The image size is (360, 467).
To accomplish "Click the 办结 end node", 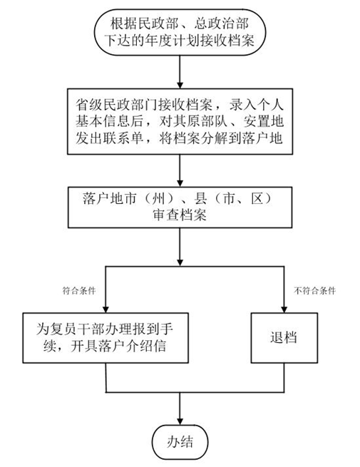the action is click(180, 441).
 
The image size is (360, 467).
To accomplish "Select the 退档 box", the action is click(284, 338).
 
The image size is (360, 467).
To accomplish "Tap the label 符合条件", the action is click(79, 291).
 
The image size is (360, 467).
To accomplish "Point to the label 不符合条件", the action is click(315, 291).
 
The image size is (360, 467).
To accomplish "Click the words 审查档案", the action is click(180, 215).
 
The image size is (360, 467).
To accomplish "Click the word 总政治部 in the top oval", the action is click(222, 24).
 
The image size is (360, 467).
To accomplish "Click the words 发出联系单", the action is click(109, 138).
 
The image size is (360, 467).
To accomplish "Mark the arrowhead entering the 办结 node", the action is click(180, 421).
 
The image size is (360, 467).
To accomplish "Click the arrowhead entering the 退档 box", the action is click(284, 309).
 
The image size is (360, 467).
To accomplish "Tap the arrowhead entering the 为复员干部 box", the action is click(106, 309).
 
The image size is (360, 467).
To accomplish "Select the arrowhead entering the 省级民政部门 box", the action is click(180, 85).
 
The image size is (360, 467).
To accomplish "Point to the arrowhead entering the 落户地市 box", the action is click(180, 183).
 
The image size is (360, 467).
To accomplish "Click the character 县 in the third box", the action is click(201, 198).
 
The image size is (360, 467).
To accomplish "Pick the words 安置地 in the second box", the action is click(263, 121).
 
